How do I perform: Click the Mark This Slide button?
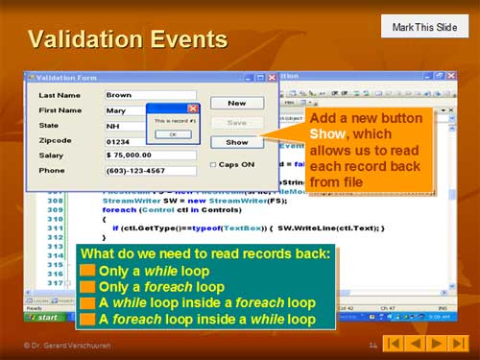click(x=424, y=27)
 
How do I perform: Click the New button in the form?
click(x=236, y=103)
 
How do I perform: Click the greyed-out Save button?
click(x=236, y=123)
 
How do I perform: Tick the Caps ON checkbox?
click(x=213, y=164)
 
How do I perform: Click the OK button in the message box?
click(x=172, y=134)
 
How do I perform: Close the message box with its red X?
click(x=193, y=108)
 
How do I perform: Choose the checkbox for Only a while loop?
click(x=87, y=272)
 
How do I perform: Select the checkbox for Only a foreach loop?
click(x=87, y=287)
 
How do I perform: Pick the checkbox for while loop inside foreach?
click(x=87, y=302)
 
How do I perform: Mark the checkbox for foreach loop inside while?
click(x=87, y=318)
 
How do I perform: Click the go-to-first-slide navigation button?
click(x=393, y=343)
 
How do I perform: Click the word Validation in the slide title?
click(x=83, y=39)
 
